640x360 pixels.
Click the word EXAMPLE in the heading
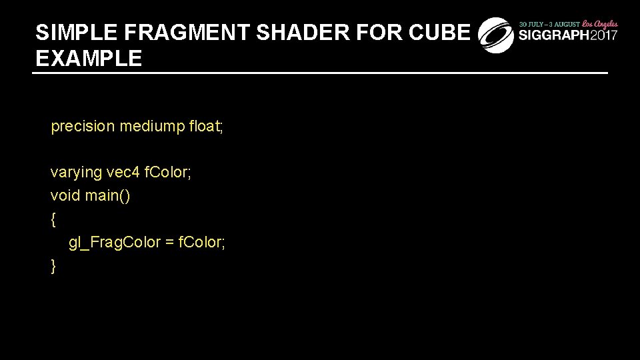[89, 59]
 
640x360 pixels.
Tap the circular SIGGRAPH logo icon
[496, 35]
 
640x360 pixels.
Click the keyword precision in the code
[83, 126]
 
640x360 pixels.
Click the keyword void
[65, 196]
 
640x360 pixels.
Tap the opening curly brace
[53, 219]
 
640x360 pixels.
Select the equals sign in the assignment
[169, 243]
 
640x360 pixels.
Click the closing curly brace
[53, 266]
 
